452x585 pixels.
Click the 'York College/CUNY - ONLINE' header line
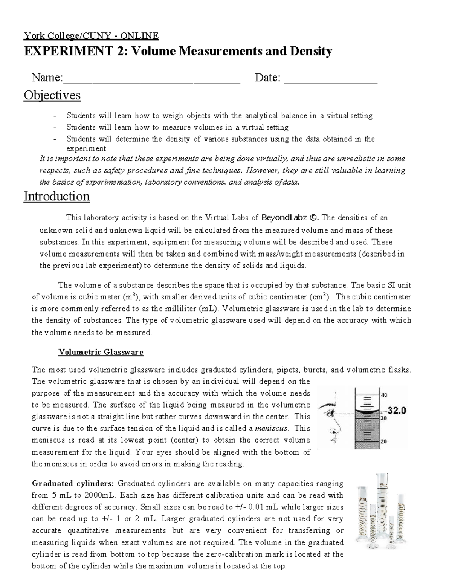point(91,36)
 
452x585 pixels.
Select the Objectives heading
point(52,95)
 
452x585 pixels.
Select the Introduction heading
point(56,196)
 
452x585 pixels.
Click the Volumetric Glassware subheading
point(101,353)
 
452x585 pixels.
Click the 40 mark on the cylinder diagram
point(384,395)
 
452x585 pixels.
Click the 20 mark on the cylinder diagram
point(384,442)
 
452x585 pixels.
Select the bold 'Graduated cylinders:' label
point(73,484)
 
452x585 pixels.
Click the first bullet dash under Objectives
point(56,116)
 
